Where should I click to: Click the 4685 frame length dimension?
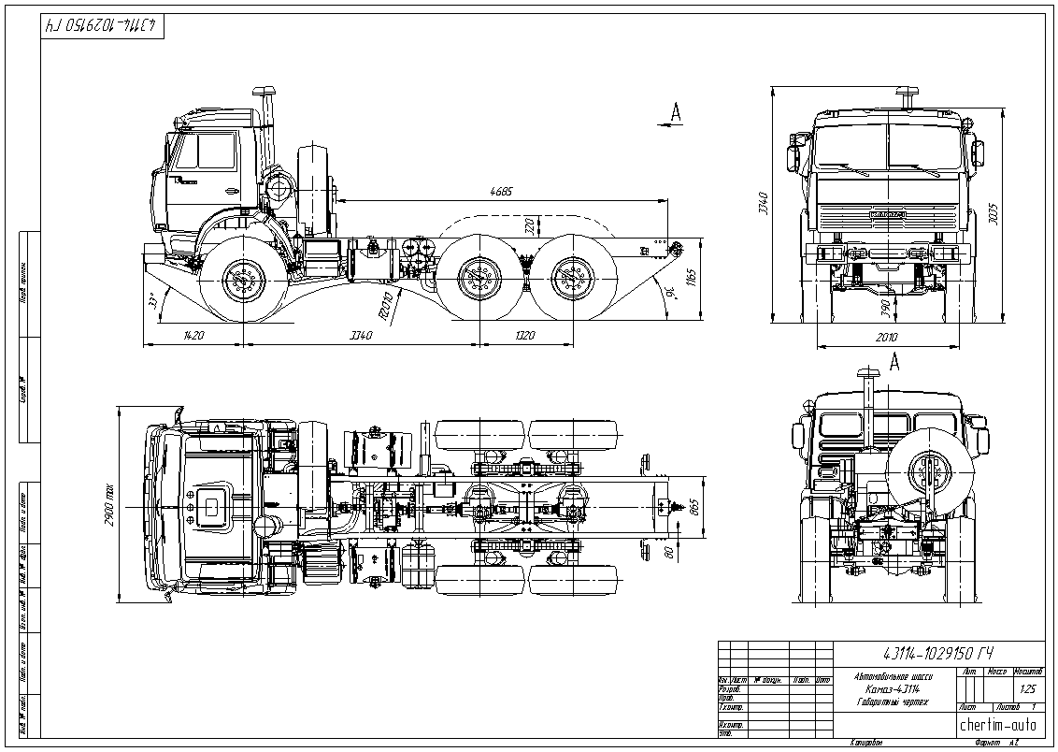pos(502,192)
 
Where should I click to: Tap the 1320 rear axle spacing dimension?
pos(524,335)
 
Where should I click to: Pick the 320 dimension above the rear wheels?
pos(530,225)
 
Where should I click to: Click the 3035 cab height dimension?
pos(993,212)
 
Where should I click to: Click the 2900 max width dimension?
pos(109,505)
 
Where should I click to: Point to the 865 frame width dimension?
pos(693,507)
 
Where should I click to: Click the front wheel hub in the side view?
pos(245,279)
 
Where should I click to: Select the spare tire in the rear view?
pos(926,472)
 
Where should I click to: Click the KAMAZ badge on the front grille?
pos(887,215)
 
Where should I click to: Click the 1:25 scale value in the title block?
pos(1029,688)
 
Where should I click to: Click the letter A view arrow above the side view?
pos(677,112)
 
